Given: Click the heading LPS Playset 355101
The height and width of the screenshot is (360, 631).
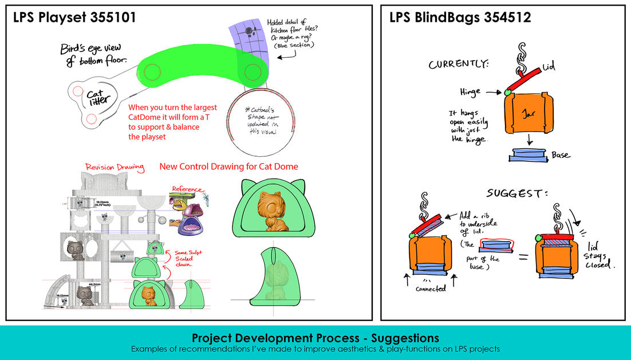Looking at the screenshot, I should (75, 18).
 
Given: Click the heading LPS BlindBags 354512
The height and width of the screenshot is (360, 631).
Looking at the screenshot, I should (460, 18).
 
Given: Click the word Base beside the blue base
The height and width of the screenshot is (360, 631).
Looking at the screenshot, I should (561, 155).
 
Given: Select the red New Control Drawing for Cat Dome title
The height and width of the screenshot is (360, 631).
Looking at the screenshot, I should (228, 167).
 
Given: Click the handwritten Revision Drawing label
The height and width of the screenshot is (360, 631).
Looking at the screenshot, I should (114, 167).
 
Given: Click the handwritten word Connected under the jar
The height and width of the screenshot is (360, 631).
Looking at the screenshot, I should (431, 288).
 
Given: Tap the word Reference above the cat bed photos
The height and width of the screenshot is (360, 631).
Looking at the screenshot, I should (187, 189).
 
